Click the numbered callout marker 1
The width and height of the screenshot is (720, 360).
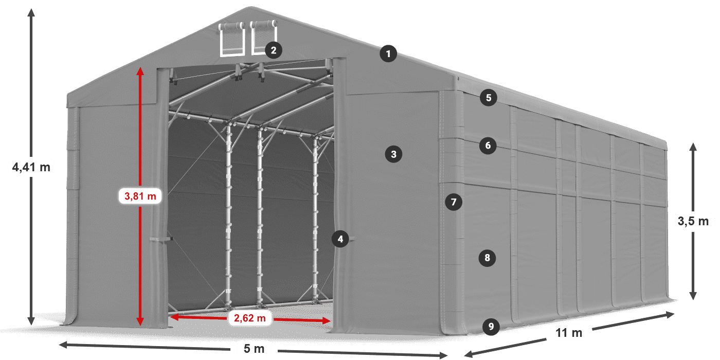click(389, 53)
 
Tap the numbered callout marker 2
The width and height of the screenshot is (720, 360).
click(273, 50)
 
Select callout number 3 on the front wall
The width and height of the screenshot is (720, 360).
click(393, 154)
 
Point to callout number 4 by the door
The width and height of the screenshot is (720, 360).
click(339, 238)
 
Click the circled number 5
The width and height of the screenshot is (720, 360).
click(488, 97)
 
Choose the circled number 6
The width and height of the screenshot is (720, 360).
click(488, 146)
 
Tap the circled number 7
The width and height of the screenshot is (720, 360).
click(453, 202)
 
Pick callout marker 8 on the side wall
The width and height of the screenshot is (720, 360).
click(487, 257)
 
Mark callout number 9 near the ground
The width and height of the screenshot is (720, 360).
click(491, 326)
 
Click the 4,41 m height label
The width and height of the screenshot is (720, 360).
click(31, 167)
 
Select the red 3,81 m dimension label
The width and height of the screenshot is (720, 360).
click(140, 195)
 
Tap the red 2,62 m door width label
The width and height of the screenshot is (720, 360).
click(249, 318)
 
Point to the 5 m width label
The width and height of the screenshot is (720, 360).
click(254, 349)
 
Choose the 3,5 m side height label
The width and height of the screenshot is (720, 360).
click(693, 221)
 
